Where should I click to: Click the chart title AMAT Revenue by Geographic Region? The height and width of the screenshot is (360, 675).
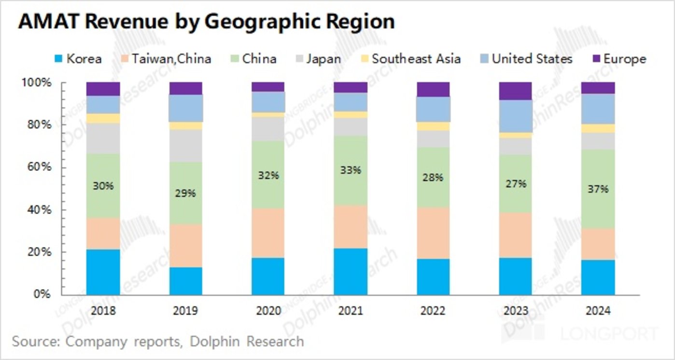(206, 22)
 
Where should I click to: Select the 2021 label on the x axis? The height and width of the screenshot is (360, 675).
(350, 311)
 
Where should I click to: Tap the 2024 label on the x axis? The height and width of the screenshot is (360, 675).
(598, 311)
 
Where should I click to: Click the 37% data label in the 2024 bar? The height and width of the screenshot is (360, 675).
(598, 189)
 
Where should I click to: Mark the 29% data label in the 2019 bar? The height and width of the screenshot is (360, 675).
(185, 193)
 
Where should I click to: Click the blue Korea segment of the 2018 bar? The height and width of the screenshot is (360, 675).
(103, 272)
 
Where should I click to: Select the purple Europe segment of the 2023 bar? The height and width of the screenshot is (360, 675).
(515, 91)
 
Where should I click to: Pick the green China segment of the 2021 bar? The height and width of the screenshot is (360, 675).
(350, 188)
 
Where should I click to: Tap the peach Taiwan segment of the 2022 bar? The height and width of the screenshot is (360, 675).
(433, 233)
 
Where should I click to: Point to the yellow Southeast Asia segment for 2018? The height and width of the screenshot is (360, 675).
(103, 118)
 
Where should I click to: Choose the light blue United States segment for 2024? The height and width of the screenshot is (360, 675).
(598, 109)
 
